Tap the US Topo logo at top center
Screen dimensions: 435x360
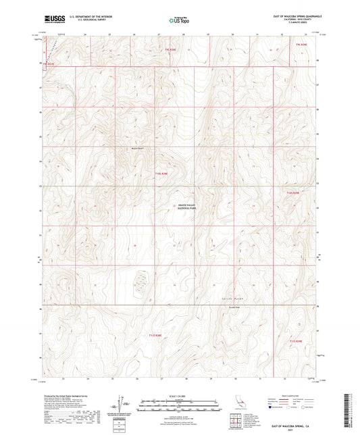pos(179,20)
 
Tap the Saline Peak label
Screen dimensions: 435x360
pos(232,306)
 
